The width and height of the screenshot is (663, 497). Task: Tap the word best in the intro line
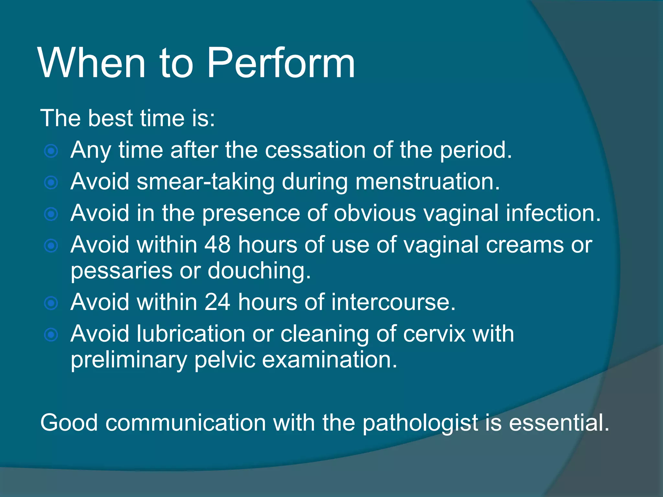click(x=110, y=118)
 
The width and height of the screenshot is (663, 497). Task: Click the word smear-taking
click(x=205, y=182)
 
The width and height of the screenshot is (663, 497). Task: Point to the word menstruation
click(x=427, y=182)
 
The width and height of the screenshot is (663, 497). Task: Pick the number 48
click(x=218, y=245)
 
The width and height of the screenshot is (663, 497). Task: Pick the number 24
click(x=218, y=302)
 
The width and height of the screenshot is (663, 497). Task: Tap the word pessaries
click(x=121, y=271)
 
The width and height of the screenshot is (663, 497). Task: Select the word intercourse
click(x=393, y=302)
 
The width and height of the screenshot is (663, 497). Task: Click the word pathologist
click(x=420, y=423)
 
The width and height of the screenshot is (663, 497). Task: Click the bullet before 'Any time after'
click(x=51, y=151)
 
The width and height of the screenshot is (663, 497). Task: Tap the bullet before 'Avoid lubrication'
click(x=51, y=335)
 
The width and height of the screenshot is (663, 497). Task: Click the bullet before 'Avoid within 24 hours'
click(x=51, y=303)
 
